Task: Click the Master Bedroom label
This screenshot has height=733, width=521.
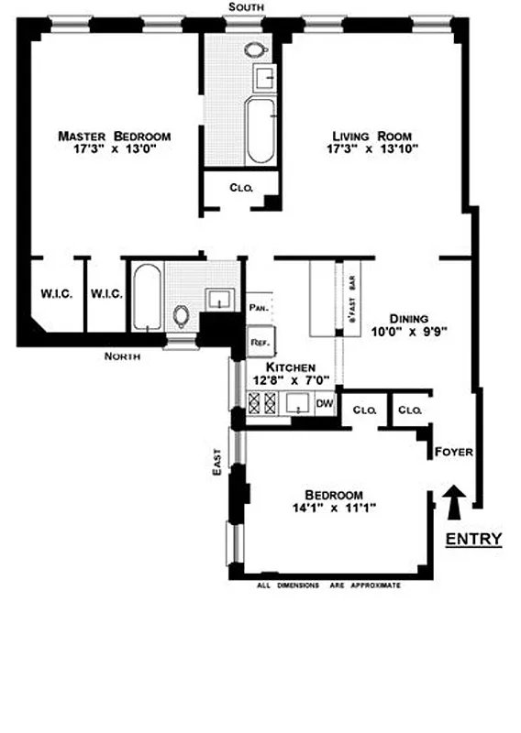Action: click(114, 136)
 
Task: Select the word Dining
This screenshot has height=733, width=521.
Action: click(409, 310)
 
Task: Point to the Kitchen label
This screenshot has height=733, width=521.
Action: click(285, 366)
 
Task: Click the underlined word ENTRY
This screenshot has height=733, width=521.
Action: click(473, 539)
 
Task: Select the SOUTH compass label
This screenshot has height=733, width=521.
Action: click(248, 7)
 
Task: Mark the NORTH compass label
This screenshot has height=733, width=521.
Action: click(122, 356)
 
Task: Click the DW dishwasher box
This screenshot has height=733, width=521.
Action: click(324, 402)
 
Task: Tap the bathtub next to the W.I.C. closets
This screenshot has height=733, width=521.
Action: click(146, 298)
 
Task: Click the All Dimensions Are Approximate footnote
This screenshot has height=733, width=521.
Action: click(327, 584)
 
